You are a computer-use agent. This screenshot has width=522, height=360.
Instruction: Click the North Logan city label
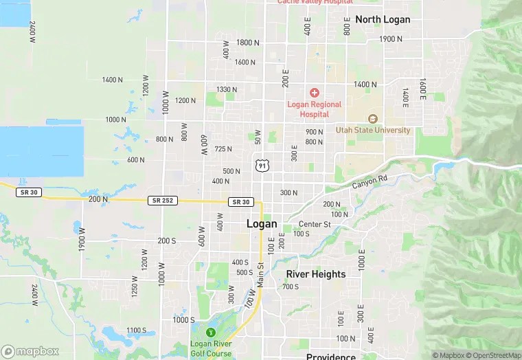(383, 19)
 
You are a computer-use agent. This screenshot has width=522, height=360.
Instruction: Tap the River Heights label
(316, 274)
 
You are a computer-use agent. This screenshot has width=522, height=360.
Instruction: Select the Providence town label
(331, 356)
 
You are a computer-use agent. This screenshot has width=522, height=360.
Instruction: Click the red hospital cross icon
(315, 92)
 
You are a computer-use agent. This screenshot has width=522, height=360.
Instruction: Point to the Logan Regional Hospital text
(314, 109)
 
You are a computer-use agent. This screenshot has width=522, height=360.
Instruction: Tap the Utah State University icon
(373, 118)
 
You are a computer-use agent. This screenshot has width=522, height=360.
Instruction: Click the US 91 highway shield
(261, 165)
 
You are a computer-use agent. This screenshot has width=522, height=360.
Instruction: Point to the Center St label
(315, 224)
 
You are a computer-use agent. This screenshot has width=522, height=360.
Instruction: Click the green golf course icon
(211, 333)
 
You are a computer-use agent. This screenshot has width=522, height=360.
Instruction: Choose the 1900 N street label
(390, 39)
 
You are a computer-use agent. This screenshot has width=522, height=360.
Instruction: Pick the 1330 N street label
(226, 89)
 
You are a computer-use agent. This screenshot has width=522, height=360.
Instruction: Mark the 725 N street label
(223, 149)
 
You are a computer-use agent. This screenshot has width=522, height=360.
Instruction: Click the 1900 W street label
(81, 243)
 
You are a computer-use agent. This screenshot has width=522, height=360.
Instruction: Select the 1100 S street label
(136, 330)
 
